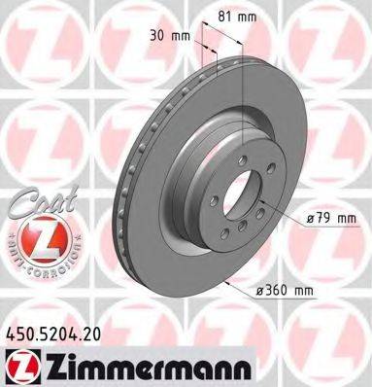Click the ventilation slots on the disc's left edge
point(124,194)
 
